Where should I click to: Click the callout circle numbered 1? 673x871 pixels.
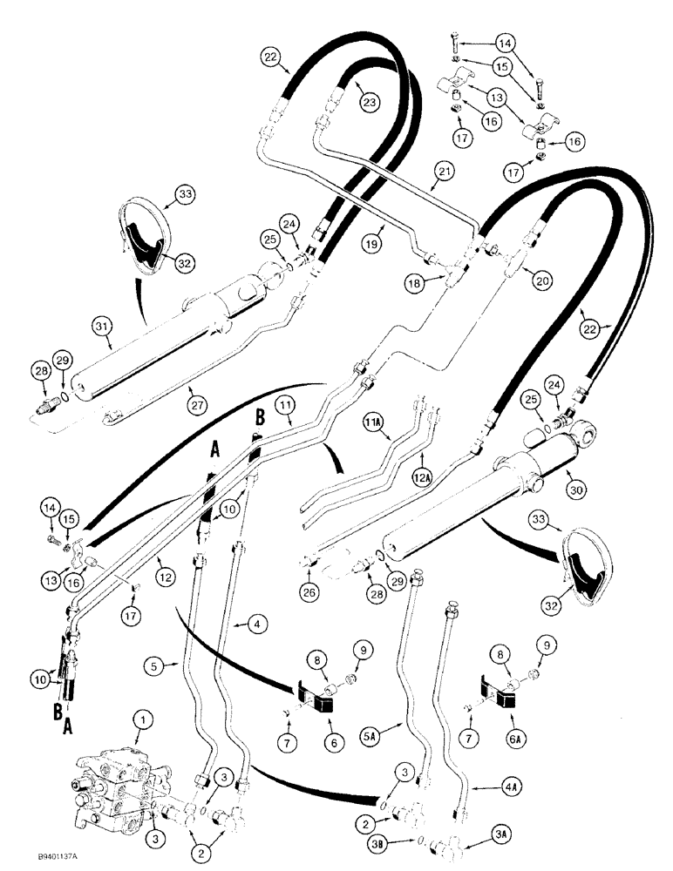(139, 720)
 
